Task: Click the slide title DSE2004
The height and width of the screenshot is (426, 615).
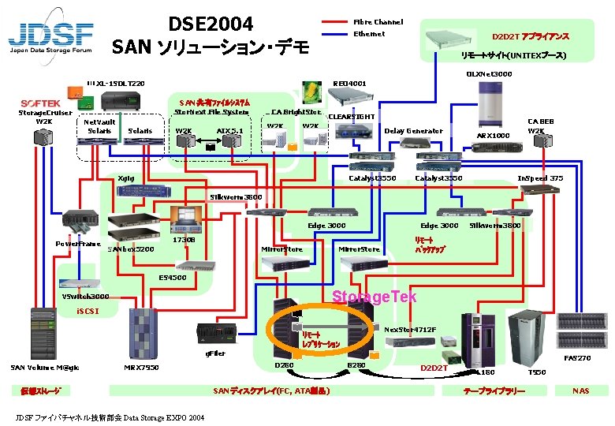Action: pyautogui.click(x=211, y=24)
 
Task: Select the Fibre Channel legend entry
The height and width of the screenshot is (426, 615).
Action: pyautogui.click(x=378, y=22)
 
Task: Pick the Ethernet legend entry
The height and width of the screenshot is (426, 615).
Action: pyautogui.click(x=369, y=34)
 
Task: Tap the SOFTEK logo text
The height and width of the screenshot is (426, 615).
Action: pyautogui.click(x=41, y=103)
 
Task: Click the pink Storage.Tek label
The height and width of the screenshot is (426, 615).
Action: pyautogui.click(x=363, y=297)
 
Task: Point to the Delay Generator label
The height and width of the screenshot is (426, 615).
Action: pyautogui.click(x=413, y=131)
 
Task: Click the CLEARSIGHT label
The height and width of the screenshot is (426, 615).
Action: pyautogui.click(x=351, y=117)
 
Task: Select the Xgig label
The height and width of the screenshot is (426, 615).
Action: pyautogui.click(x=125, y=179)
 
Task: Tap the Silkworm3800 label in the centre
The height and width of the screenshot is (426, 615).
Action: pyautogui.click(x=236, y=196)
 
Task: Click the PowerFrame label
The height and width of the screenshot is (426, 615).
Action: pyautogui.click(x=77, y=244)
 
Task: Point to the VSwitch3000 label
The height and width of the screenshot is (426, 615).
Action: pyautogui.click(x=85, y=297)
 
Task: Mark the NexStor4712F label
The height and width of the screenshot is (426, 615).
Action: pyautogui.click(x=410, y=329)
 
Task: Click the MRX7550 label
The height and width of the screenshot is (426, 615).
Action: pyautogui.click(x=142, y=367)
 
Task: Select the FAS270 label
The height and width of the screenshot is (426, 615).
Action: pyautogui.click(x=578, y=358)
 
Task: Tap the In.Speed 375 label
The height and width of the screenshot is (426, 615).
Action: pyautogui.click(x=540, y=178)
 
